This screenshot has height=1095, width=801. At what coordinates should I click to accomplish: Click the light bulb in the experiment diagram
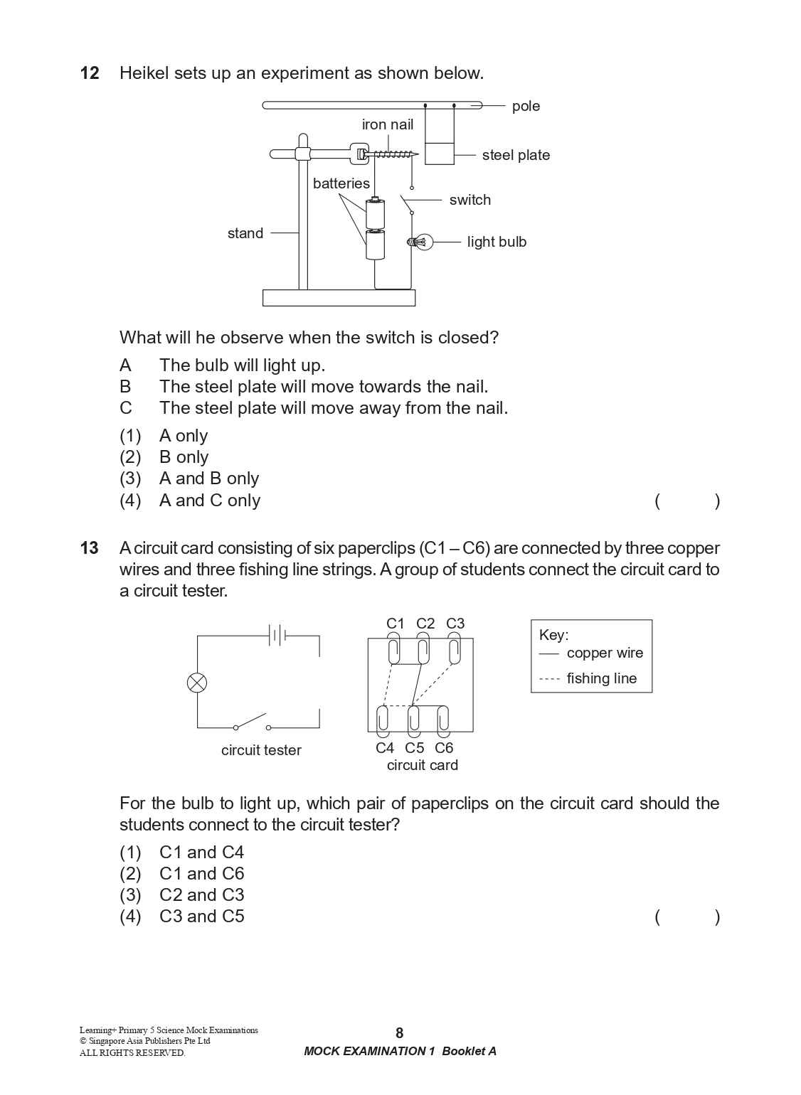pos(420,242)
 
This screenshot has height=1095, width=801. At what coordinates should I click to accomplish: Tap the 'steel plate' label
pos(515,155)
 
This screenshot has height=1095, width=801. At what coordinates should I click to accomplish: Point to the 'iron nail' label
pos(387,124)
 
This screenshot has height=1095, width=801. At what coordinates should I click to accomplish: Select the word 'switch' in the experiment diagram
pos(470,200)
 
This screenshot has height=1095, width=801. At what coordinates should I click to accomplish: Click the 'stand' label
pos(245,233)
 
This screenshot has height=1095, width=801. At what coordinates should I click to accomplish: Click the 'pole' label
pos(526,106)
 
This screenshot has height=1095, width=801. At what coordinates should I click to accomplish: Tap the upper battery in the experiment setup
pos(375,213)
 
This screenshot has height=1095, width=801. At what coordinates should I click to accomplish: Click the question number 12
pos(90,73)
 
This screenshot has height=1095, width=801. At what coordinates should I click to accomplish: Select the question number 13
pos(90,548)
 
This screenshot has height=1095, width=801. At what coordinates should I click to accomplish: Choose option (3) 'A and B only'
pos(189,479)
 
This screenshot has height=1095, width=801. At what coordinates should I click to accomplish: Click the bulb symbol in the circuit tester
pos(197,683)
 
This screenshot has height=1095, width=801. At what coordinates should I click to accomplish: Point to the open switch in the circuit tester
pos(252,722)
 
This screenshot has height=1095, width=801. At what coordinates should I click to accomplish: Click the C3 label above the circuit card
pos(455,624)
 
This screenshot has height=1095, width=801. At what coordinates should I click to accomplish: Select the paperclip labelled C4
pos(383,720)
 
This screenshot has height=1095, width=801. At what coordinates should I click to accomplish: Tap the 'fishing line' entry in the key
pos(601,678)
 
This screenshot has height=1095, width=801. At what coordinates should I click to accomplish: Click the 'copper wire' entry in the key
pos(604,653)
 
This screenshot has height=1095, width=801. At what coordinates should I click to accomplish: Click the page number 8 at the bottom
pos(399,1033)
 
